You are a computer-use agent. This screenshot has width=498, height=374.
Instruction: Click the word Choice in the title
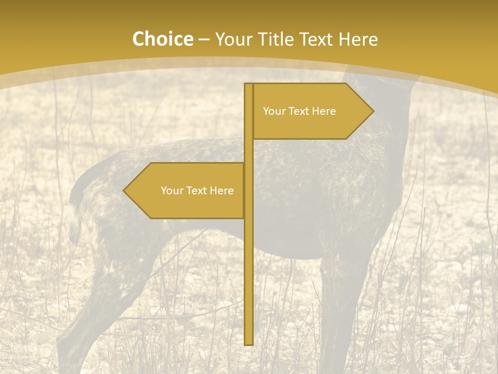click(162, 39)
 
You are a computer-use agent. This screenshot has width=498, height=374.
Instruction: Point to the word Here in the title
click(358, 39)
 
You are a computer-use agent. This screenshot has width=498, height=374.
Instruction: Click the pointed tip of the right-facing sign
click(372, 111)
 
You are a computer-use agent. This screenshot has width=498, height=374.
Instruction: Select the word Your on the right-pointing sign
click(273, 111)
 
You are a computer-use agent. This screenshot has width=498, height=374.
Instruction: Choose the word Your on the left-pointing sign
click(171, 191)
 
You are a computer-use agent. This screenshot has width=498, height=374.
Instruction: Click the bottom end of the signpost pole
click(248, 343)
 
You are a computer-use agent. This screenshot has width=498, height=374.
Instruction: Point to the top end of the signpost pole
click(248, 85)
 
